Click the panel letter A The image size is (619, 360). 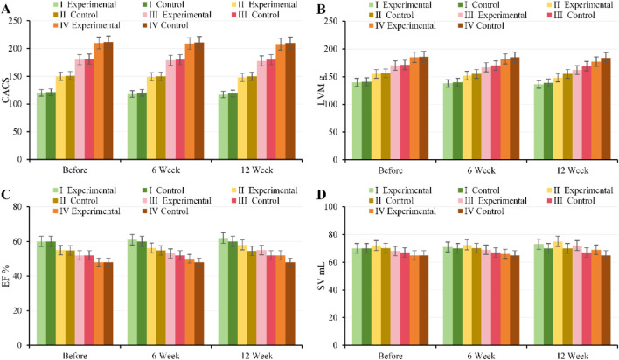pyautogui.click(x=6, y=9)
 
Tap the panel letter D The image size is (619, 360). pyautogui.click(x=322, y=195)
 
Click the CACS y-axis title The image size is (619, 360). pyautogui.click(x=6, y=90)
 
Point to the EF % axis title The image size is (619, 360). pyautogui.click(x=6, y=276)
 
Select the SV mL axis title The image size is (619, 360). pyautogui.click(x=322, y=276)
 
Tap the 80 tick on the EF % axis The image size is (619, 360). pyautogui.click(x=17, y=207)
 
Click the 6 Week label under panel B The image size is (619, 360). pyautogui.click(x=481, y=170)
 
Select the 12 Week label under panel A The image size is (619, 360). pyautogui.click(x=256, y=170)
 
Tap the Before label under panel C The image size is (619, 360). pyautogui.click(x=75, y=356)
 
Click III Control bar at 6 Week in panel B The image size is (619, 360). pyautogui.click(x=496, y=113)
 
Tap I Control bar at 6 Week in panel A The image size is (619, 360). pyautogui.click(x=142, y=127)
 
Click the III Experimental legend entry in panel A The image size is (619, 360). pyautogui.click(x=177, y=15)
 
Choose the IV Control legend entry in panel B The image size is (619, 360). pyautogui.click(x=481, y=25)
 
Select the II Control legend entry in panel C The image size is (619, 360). pyautogui.click(x=75, y=201)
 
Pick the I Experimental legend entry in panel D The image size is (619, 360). pyautogui.click(x=400, y=190)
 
